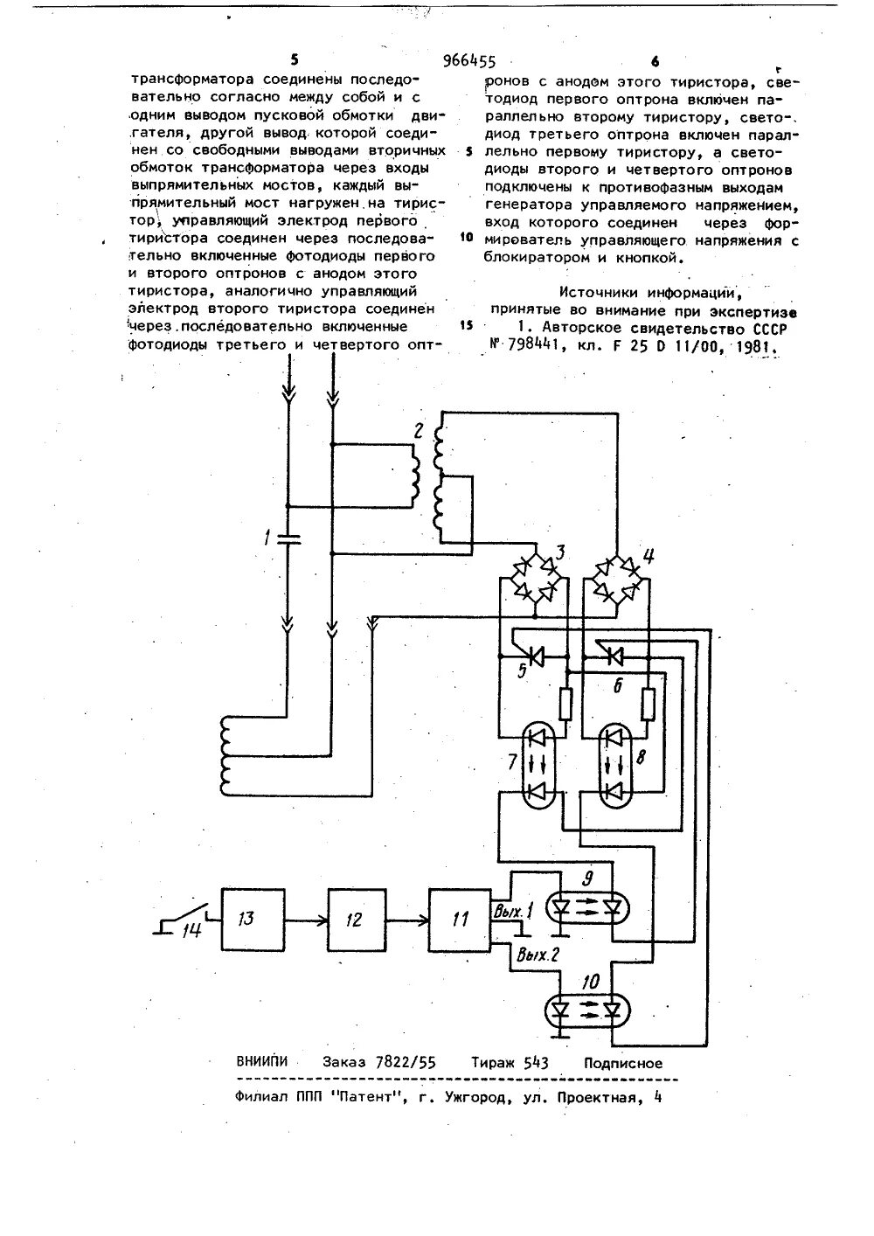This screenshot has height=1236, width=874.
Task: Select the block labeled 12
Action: [358, 920]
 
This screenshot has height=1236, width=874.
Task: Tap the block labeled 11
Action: [461, 920]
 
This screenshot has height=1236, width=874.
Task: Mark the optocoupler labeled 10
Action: [588, 1012]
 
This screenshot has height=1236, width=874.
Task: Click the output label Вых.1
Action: [513, 913]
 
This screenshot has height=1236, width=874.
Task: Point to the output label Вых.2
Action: [538, 955]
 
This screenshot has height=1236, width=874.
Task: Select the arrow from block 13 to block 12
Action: [307, 920]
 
